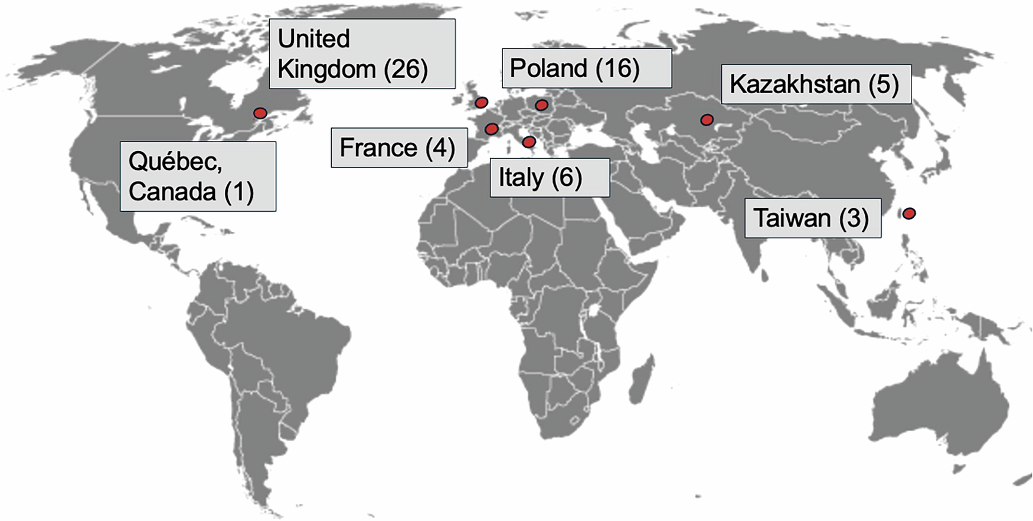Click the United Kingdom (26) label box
click(x=362, y=54)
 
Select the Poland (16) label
click(x=586, y=68)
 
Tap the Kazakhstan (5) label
click(x=816, y=84)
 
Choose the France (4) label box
click(x=398, y=148)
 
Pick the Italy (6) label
click(x=550, y=177)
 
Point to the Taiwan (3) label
click(x=812, y=218)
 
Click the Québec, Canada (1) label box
click(x=198, y=176)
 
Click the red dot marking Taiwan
click(x=909, y=213)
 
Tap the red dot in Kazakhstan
click(x=707, y=120)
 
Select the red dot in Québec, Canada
click(x=260, y=113)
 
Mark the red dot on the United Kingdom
click(x=481, y=103)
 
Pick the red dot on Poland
click(x=541, y=106)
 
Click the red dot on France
click(x=491, y=129)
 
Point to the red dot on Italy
click(x=529, y=142)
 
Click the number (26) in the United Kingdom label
click(x=406, y=69)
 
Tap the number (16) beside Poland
click(x=617, y=68)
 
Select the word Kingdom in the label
click(x=326, y=69)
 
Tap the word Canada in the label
click(x=172, y=191)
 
